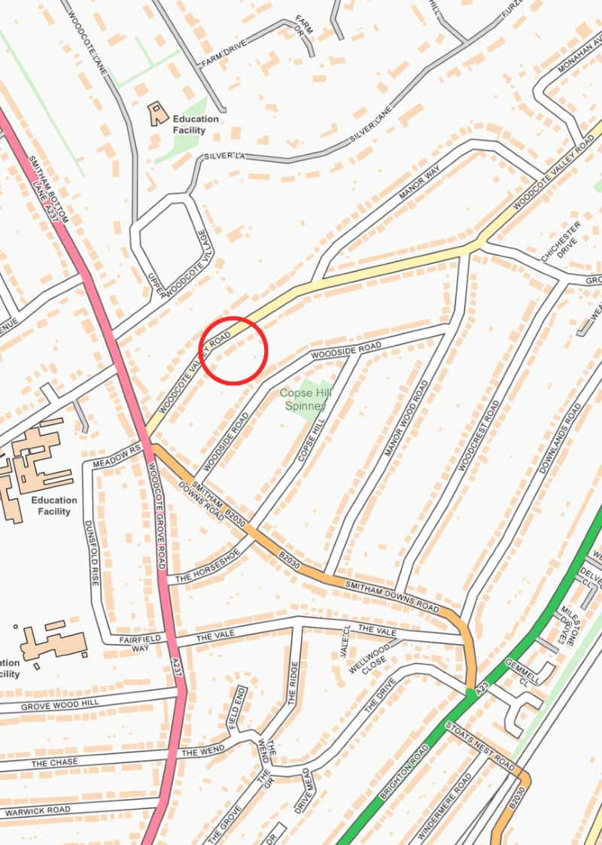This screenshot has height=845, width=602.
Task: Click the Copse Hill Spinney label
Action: (302, 399)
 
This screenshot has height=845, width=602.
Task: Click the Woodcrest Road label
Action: (477, 436)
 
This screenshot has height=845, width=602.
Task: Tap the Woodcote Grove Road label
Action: (157, 505)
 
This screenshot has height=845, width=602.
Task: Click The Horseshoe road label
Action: (207, 567)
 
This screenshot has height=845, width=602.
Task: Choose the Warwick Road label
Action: (37, 810)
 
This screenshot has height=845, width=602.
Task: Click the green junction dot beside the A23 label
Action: (470, 692)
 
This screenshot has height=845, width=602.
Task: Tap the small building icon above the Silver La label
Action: (158, 114)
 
